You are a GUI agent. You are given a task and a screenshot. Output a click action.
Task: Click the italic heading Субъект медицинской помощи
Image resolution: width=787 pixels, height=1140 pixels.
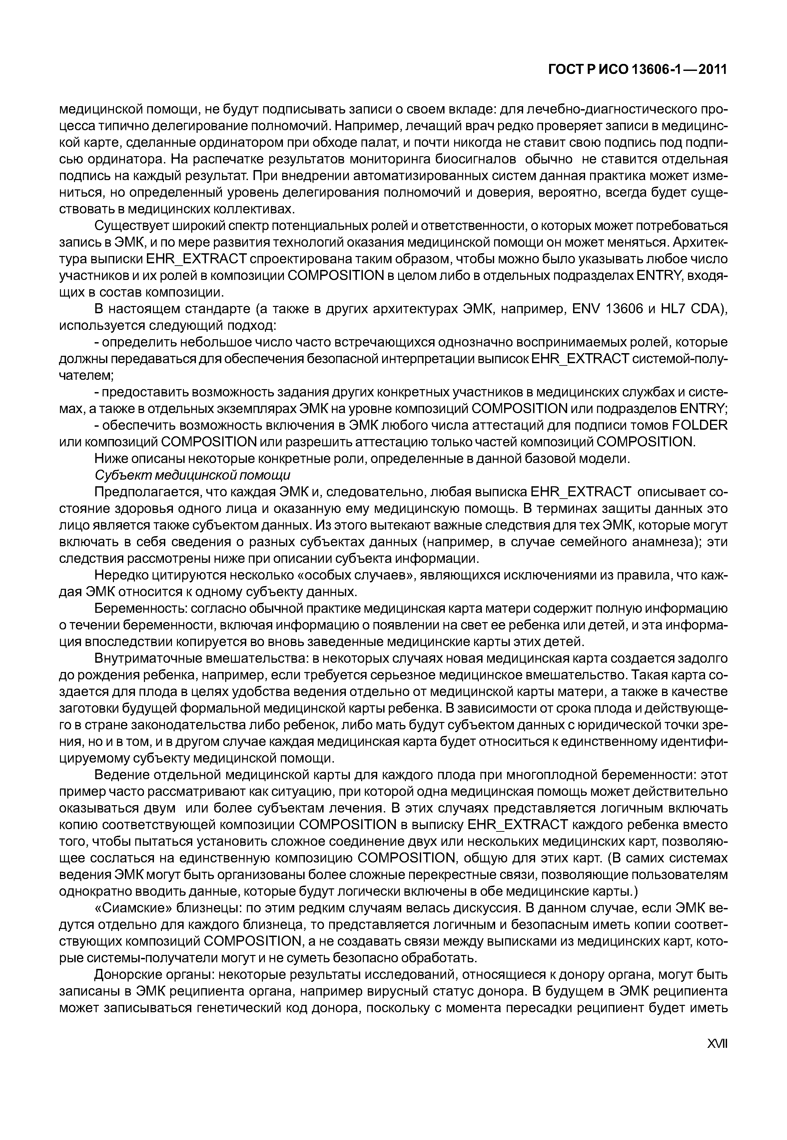point(192,475)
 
